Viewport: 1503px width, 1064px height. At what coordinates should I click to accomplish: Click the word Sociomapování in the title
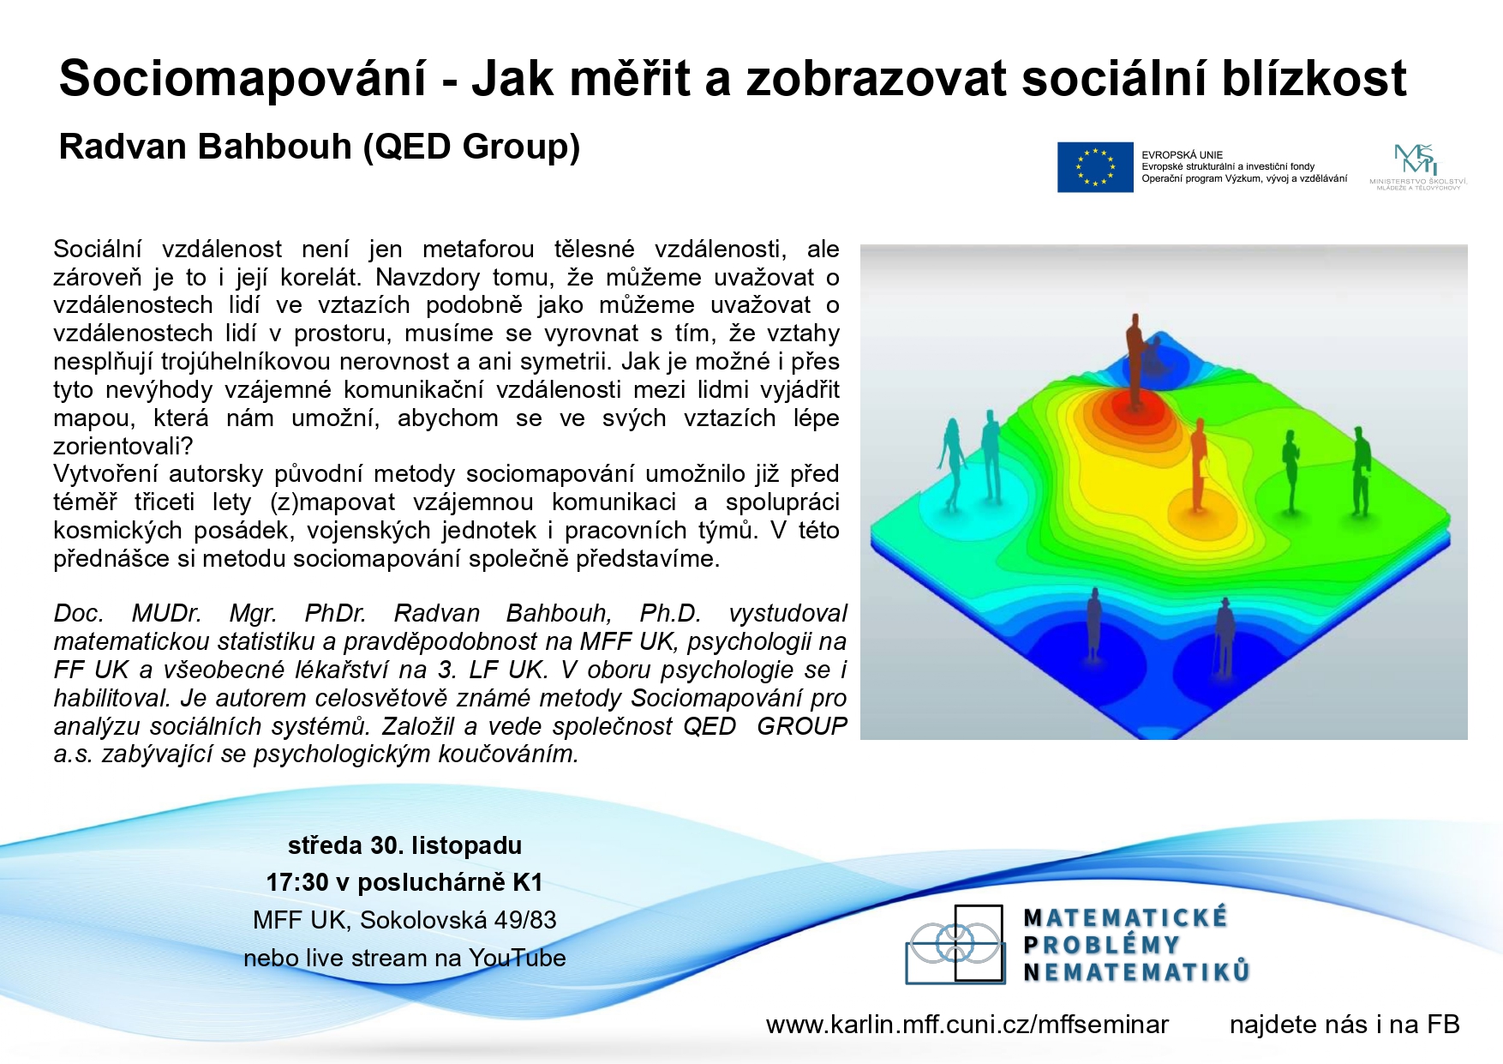tap(243, 79)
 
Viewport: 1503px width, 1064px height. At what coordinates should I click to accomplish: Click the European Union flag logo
tap(1095, 167)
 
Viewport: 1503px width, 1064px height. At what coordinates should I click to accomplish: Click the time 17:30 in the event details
tap(297, 882)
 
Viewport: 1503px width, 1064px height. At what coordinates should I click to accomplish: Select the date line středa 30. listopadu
tap(404, 845)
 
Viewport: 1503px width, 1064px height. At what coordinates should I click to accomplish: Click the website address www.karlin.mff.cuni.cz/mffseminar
tap(967, 1025)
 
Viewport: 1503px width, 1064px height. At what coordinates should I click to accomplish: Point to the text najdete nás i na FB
tap(1344, 1025)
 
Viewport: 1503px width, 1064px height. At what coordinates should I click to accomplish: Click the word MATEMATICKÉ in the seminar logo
tap(1126, 918)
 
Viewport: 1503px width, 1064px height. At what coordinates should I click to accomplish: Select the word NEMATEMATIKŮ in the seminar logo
tap(1137, 972)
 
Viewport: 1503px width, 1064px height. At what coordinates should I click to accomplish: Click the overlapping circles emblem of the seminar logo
tap(955, 944)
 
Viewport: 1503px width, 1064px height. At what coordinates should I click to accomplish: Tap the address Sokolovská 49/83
tap(458, 920)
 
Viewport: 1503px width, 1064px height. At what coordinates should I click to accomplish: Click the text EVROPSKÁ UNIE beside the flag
tap(1182, 155)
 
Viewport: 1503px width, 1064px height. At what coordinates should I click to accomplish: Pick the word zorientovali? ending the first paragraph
tap(123, 446)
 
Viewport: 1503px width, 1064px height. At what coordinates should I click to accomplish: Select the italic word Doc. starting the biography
tap(78, 613)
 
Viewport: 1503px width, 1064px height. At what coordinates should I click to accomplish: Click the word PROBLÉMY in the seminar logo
tap(1102, 945)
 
